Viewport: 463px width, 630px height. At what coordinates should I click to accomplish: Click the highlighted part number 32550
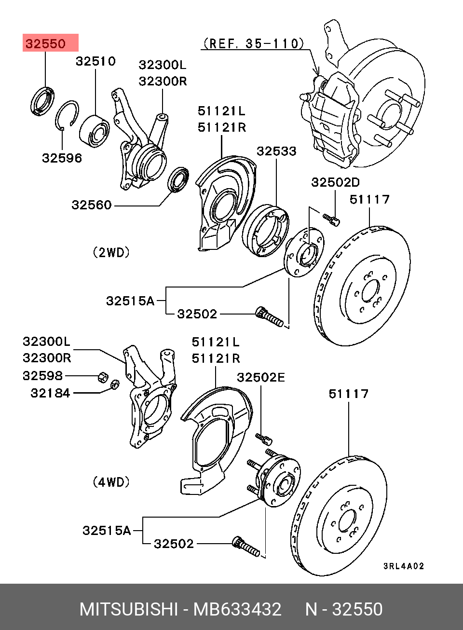[46, 44]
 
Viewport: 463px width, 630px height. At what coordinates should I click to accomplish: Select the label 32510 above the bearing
[95, 61]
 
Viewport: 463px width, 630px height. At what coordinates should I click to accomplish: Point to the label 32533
[276, 151]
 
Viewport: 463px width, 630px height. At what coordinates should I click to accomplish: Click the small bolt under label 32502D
[332, 219]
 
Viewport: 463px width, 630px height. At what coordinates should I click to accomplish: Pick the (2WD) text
[111, 252]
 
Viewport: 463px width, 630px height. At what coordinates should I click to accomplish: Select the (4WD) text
[111, 482]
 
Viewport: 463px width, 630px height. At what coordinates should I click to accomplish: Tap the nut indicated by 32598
[102, 376]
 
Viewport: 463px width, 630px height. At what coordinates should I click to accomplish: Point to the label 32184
[50, 393]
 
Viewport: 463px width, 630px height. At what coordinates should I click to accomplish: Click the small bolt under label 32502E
[264, 438]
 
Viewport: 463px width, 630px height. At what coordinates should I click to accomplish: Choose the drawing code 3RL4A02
[404, 566]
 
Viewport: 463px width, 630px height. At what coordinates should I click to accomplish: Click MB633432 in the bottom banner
[237, 609]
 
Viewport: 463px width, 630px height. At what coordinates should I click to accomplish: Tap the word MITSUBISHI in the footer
[129, 609]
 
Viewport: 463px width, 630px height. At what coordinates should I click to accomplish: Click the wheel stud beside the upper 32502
[269, 317]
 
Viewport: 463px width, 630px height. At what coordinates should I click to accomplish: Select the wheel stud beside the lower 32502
[246, 546]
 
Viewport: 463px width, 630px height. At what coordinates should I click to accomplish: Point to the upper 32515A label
[130, 301]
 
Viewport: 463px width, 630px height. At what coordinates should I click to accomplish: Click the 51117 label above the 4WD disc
[348, 394]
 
